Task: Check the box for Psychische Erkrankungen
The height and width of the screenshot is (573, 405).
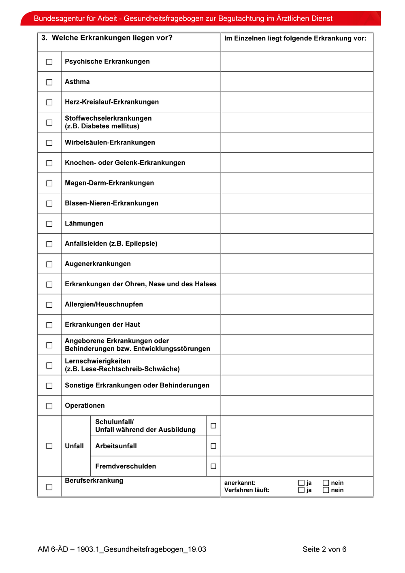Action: pos(49,62)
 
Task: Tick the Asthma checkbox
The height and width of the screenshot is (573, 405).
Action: pos(49,82)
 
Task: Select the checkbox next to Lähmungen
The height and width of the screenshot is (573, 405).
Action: pos(49,224)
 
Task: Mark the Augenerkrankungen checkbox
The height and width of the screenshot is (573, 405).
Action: pos(49,264)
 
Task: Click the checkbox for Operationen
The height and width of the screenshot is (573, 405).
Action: pos(49,406)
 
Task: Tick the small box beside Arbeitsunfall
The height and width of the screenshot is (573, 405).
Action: pos(213,446)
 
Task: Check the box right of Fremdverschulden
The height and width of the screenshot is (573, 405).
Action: pos(213,466)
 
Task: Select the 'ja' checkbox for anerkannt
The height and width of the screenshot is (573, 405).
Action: pos(301,483)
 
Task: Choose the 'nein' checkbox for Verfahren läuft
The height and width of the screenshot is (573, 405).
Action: pos(326,490)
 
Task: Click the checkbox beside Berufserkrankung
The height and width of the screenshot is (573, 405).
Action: pos(49,487)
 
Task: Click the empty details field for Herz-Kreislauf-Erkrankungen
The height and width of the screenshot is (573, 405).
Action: pos(297,102)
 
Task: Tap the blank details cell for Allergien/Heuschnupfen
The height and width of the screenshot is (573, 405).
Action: pos(297,305)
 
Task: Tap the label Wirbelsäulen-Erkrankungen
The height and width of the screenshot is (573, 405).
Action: pos(110,143)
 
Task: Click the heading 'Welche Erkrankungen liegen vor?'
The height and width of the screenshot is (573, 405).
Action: pos(112,38)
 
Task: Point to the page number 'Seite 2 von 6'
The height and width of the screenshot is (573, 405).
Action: pos(324,550)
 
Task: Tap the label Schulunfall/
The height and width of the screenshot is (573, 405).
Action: pos(114,422)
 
